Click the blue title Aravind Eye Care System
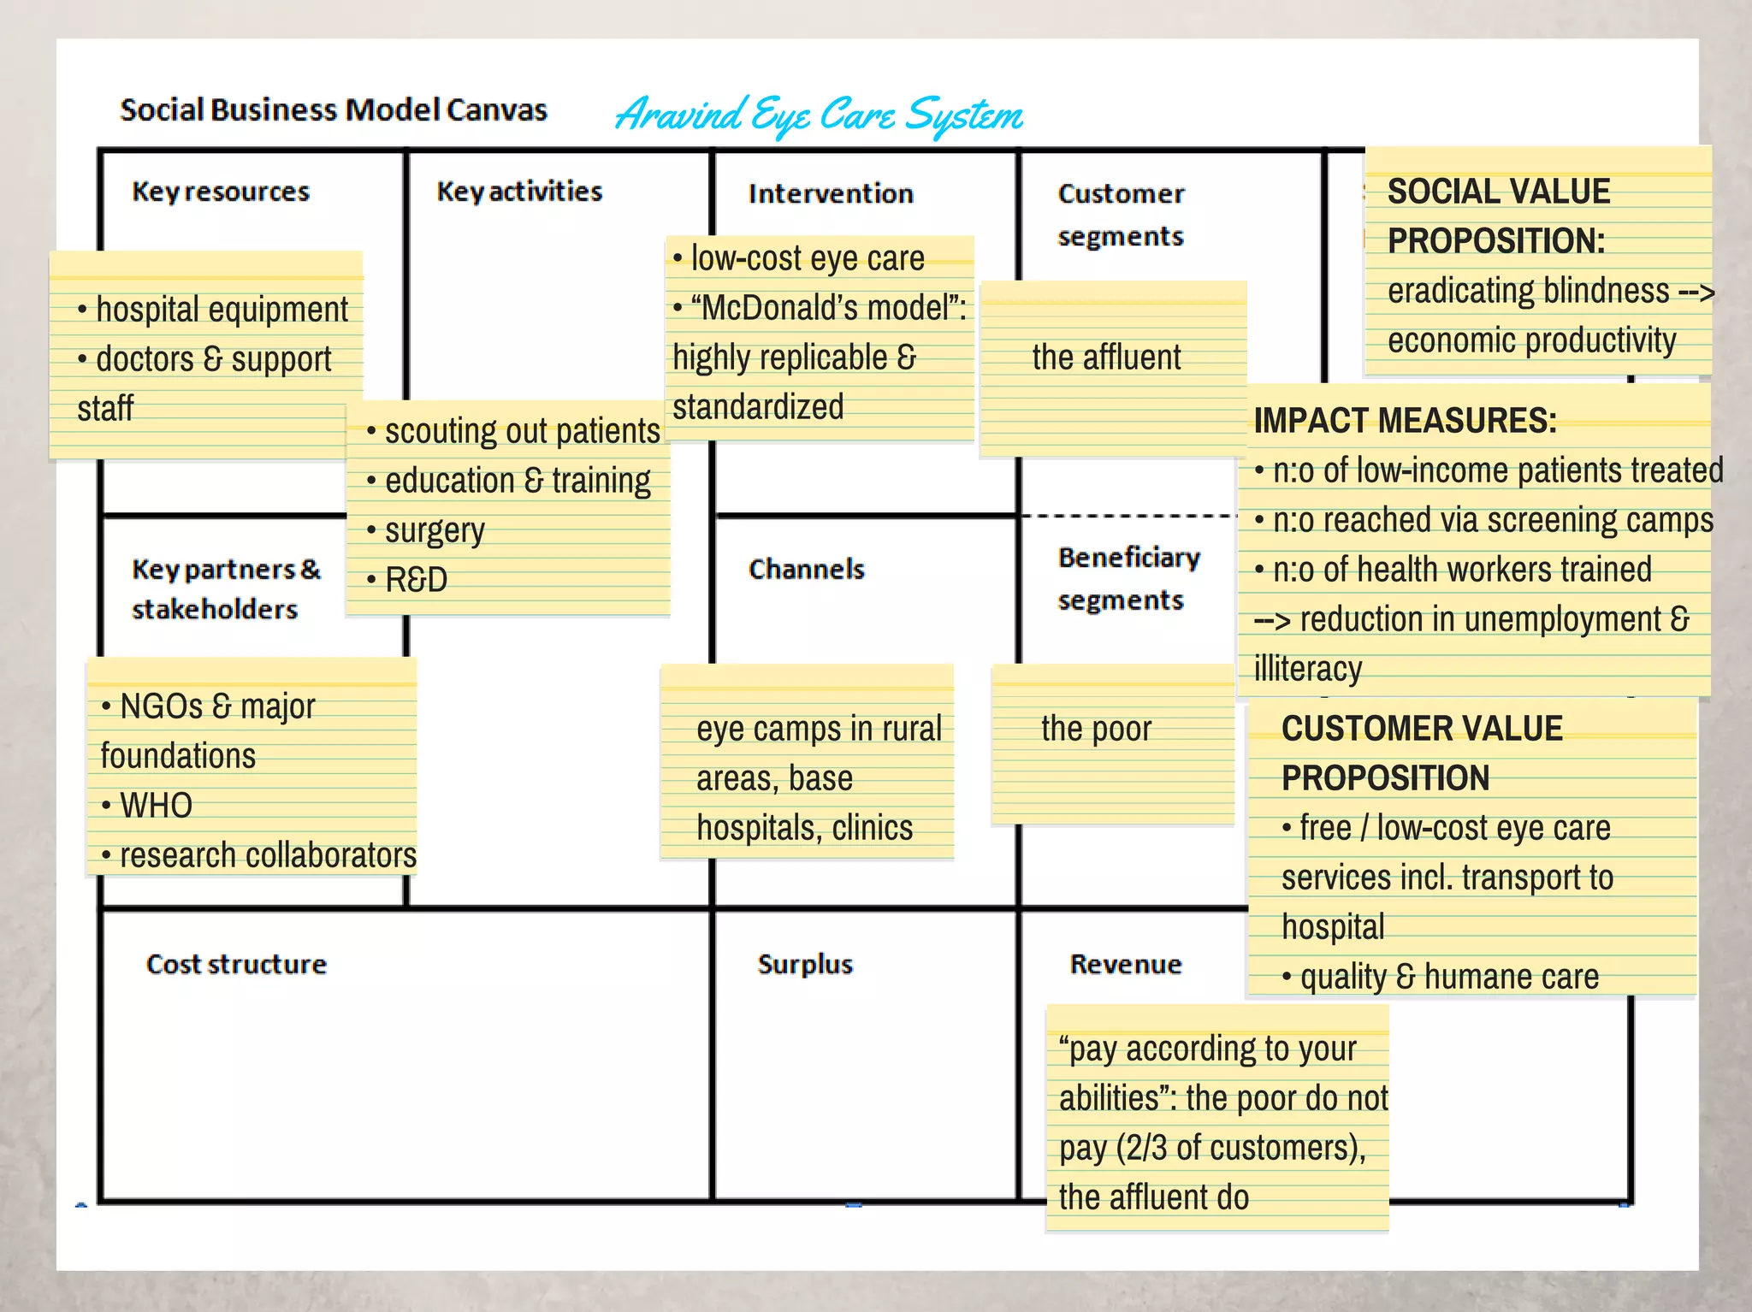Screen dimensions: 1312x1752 819,115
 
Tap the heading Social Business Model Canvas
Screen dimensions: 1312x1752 333,110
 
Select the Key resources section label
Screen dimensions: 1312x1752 221,192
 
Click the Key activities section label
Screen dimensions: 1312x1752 519,191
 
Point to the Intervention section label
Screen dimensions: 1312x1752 831,193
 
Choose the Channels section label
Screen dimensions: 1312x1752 806,569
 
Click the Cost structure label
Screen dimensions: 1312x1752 236,964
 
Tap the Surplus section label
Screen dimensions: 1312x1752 805,964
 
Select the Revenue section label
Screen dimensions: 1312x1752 1126,964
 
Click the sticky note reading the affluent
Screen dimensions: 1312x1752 1106,358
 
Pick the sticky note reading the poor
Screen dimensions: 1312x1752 1096,730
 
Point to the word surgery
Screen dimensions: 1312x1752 435,530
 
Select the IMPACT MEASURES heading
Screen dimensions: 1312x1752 1405,421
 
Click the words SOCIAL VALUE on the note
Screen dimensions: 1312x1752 1498,192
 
